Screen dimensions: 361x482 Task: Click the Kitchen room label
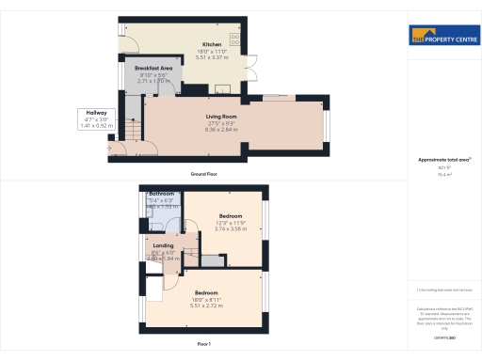(x=211, y=44)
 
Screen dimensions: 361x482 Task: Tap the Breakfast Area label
(x=153, y=69)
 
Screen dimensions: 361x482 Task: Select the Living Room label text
(x=221, y=116)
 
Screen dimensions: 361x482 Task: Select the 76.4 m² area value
(x=442, y=174)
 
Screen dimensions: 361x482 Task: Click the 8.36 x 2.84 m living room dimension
(x=221, y=130)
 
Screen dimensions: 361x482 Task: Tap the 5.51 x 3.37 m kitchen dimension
(x=211, y=57)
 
